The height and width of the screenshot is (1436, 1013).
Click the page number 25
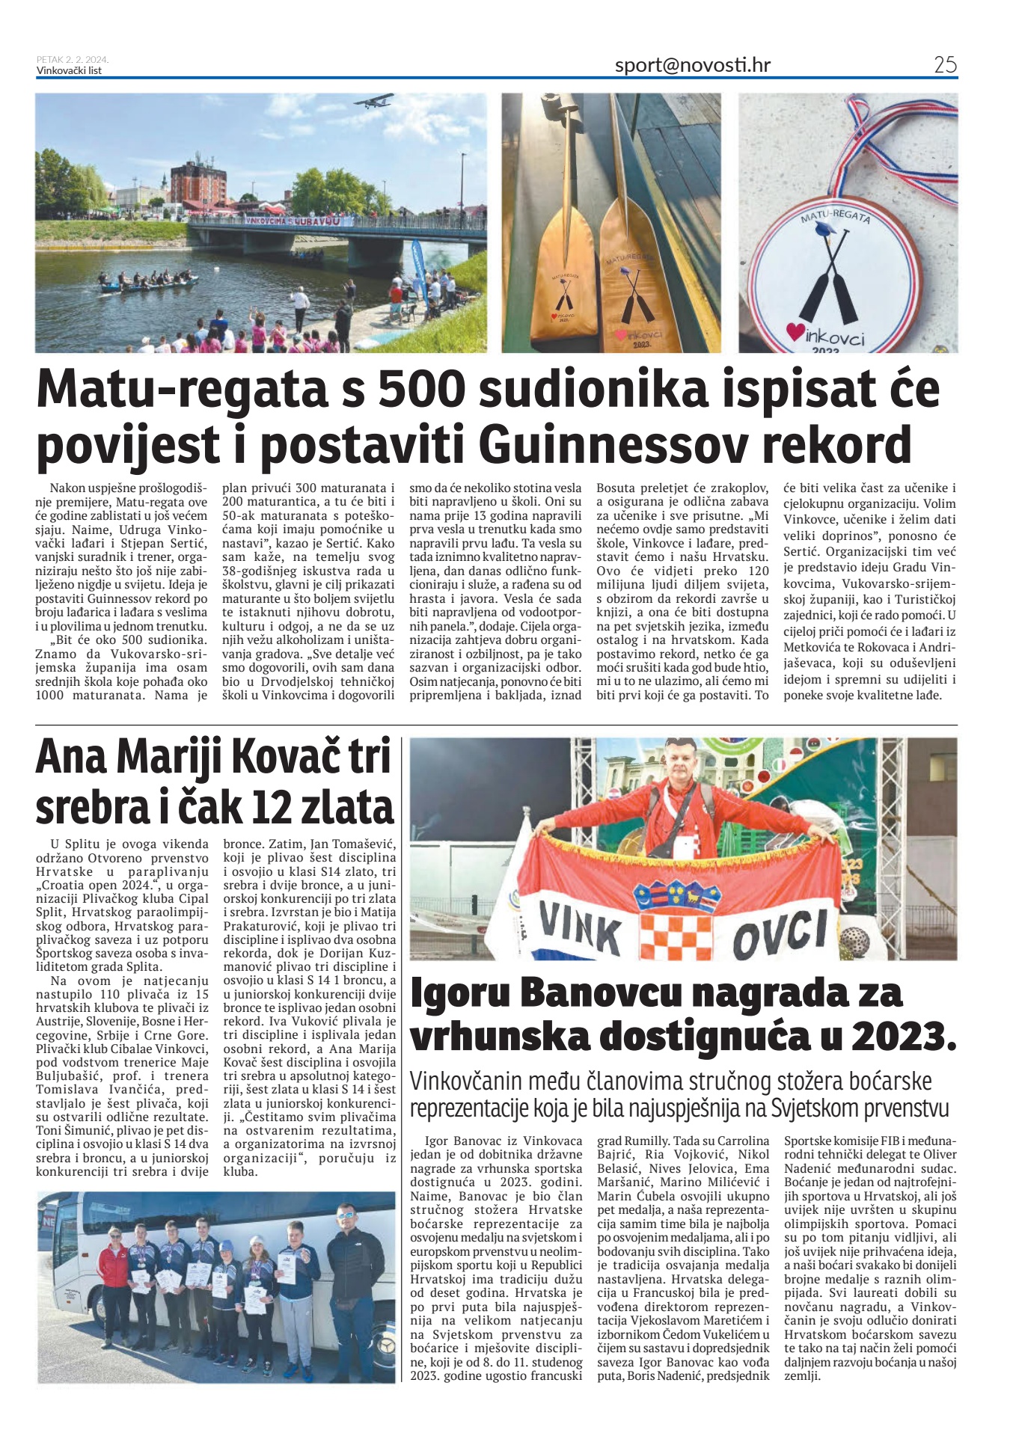(x=945, y=65)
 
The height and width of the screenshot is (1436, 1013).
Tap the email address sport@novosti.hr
(x=692, y=65)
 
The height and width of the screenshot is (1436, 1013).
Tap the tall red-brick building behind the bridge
(x=198, y=184)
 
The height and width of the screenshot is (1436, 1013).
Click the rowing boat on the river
(x=150, y=282)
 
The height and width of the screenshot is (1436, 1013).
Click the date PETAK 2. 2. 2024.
(x=73, y=60)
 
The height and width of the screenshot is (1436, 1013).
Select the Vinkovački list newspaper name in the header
(x=69, y=71)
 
